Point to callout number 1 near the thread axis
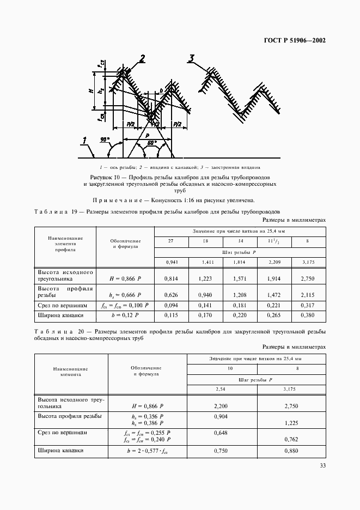click(84, 143)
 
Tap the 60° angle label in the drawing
click(152, 143)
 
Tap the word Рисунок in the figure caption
click(101, 178)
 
